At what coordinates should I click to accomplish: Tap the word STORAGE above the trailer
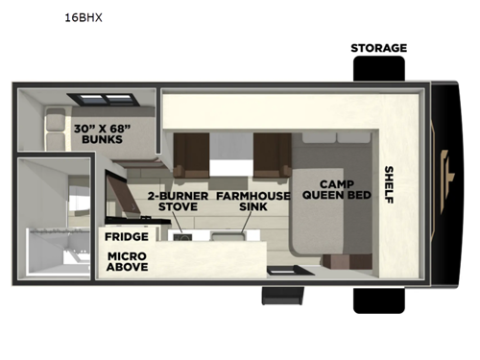378,48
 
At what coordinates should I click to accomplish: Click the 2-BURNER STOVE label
174,201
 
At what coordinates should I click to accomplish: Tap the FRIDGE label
127,236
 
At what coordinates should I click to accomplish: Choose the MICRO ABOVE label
127,262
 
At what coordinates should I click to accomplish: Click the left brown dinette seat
190,153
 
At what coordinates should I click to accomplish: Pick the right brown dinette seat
272,153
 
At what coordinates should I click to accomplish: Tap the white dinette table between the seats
230,154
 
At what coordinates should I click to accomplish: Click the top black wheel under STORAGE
378,70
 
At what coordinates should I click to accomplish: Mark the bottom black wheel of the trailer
378,298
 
